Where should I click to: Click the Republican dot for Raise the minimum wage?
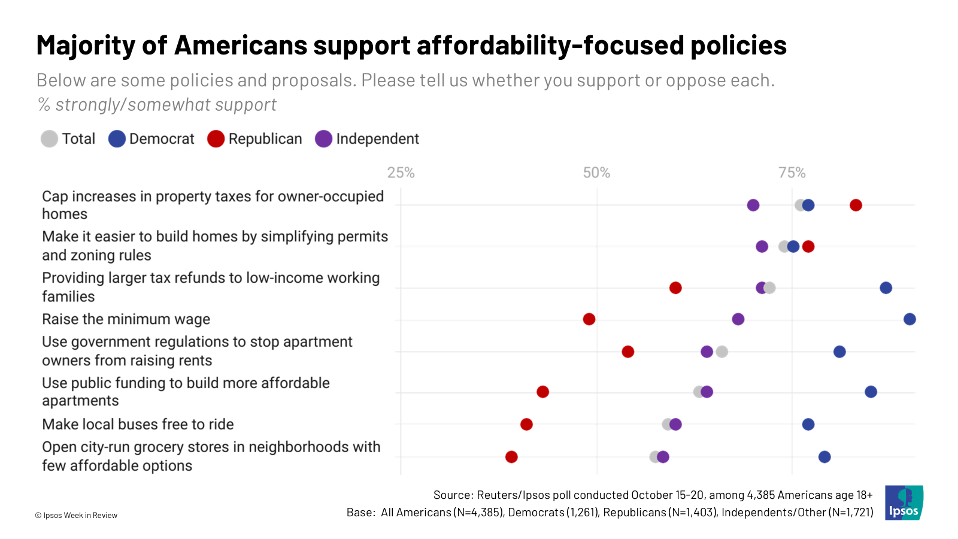click(589, 319)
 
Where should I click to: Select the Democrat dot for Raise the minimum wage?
click(910, 319)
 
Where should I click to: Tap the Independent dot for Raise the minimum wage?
click(738, 319)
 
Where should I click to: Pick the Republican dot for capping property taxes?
click(856, 205)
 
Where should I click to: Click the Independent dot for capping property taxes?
click(753, 205)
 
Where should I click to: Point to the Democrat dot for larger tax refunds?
click(886, 288)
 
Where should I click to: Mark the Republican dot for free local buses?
click(526, 425)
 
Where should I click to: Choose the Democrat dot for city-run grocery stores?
click(824, 457)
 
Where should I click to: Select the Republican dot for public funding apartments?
click(542, 392)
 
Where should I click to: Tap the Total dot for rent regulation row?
click(722, 352)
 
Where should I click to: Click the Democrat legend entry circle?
click(117, 139)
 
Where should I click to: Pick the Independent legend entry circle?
click(323, 139)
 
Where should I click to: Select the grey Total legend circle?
click(49, 139)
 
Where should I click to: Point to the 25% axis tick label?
click(401, 173)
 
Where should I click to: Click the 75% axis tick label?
click(792, 173)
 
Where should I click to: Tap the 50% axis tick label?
click(596, 173)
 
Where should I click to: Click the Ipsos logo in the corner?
click(904, 502)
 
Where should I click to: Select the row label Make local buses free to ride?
click(138, 425)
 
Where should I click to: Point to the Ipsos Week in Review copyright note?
click(76, 515)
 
